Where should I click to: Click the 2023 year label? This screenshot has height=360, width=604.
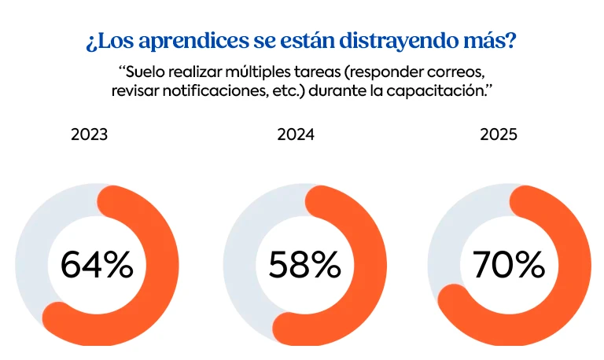click(x=89, y=134)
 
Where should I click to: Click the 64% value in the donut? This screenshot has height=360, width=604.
click(x=97, y=266)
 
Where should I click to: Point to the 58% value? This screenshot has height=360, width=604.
click(x=304, y=266)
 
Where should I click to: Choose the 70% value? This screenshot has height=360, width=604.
click(x=508, y=266)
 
